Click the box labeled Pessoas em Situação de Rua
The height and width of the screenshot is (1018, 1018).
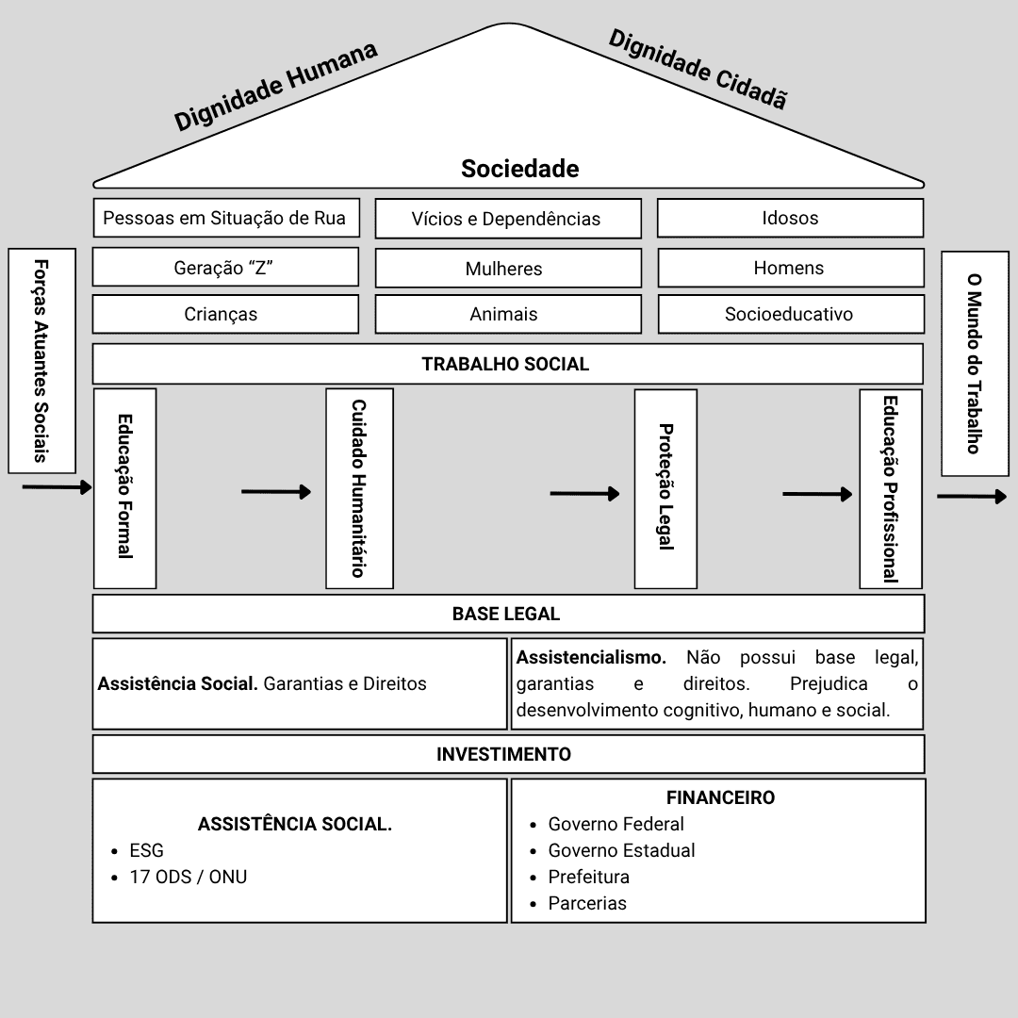click(x=225, y=218)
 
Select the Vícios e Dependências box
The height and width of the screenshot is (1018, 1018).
click(x=507, y=219)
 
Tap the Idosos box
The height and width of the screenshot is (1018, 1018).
click(x=790, y=218)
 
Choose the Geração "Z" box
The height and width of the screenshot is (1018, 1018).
click(x=225, y=267)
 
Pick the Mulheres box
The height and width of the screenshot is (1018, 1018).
click(x=507, y=268)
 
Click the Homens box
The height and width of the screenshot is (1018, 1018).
click(x=790, y=268)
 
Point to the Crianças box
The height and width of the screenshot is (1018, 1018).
click(x=225, y=314)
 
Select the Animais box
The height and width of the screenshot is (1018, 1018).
click(x=507, y=314)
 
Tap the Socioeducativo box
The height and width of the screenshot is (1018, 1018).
click(x=790, y=314)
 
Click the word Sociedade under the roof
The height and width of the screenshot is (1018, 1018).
click(x=519, y=169)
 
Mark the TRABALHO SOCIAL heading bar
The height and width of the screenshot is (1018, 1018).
click(x=507, y=364)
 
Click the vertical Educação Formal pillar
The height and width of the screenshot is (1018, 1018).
click(x=124, y=487)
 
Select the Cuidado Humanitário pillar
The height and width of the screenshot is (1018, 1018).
click(x=359, y=487)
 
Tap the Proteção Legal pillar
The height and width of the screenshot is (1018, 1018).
click(x=665, y=487)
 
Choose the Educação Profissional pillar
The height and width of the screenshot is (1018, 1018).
click(x=890, y=487)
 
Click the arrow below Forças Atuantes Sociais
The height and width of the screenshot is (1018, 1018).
click(x=57, y=487)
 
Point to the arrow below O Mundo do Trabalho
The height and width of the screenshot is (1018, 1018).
click(x=972, y=497)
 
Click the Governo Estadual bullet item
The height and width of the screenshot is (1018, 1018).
click(x=621, y=850)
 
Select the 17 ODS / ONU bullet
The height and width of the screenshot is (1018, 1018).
click(x=188, y=877)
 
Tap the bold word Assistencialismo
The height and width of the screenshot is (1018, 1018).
click(x=591, y=657)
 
